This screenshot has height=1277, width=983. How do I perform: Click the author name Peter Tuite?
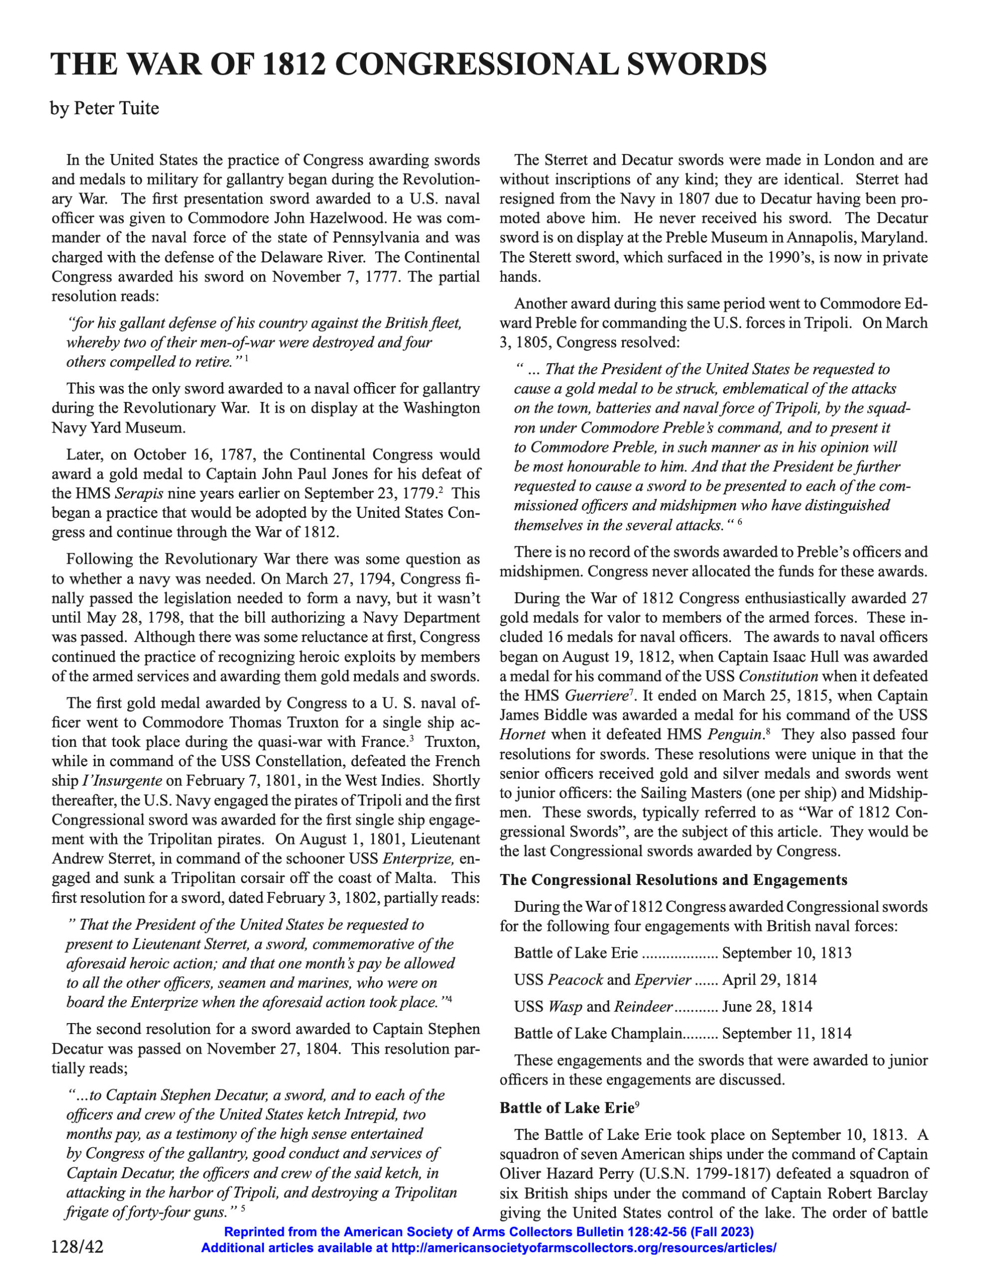(x=116, y=109)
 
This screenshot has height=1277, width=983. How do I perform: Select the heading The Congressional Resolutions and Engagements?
(x=673, y=880)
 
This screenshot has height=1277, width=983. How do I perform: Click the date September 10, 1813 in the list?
(x=786, y=953)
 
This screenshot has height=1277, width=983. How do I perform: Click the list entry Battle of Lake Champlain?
(x=598, y=1033)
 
